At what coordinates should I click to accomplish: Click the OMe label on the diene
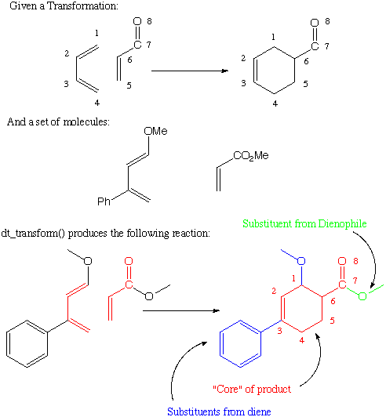[155, 131]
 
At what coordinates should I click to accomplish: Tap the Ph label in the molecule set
[104, 201]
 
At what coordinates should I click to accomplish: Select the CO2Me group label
[251, 156]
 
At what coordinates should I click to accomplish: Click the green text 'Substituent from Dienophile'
[304, 223]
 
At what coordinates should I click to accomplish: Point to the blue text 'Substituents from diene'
[219, 412]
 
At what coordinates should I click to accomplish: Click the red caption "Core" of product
[252, 389]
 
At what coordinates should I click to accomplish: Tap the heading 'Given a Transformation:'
[64, 5]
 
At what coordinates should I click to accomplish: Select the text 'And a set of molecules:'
[58, 121]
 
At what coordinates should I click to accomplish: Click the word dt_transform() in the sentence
[33, 234]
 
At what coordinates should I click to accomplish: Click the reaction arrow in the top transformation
[190, 71]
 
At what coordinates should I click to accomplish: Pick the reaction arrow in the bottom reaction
[181, 310]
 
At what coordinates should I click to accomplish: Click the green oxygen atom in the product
[362, 296]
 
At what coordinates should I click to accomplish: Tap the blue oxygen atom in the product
[301, 261]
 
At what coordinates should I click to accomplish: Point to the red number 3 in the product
[279, 331]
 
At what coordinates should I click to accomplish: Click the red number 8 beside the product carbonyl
[355, 261]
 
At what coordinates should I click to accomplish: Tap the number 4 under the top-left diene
[97, 103]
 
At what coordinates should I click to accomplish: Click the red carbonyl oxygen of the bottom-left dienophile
[129, 261]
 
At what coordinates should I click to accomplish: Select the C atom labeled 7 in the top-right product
[315, 46]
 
